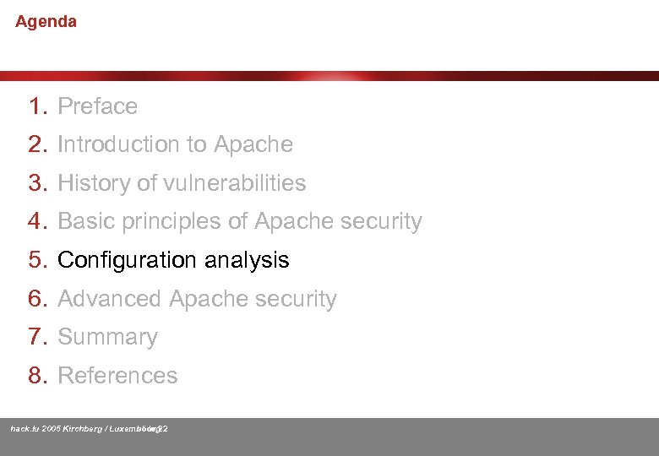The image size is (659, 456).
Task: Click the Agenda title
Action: [x=46, y=22]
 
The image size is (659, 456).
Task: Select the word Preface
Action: [x=97, y=106]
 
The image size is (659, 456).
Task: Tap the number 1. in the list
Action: [x=39, y=106]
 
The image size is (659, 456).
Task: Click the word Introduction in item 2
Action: [x=132, y=144]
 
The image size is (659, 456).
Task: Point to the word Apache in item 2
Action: [x=253, y=144]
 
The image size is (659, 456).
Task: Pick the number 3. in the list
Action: [x=39, y=183]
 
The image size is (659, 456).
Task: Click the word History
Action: [x=92, y=183]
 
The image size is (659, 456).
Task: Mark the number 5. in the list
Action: [x=39, y=260]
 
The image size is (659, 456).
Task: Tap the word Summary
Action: [x=107, y=337]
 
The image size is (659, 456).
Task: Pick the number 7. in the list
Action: [x=39, y=337]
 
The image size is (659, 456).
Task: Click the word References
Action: [x=117, y=376]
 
